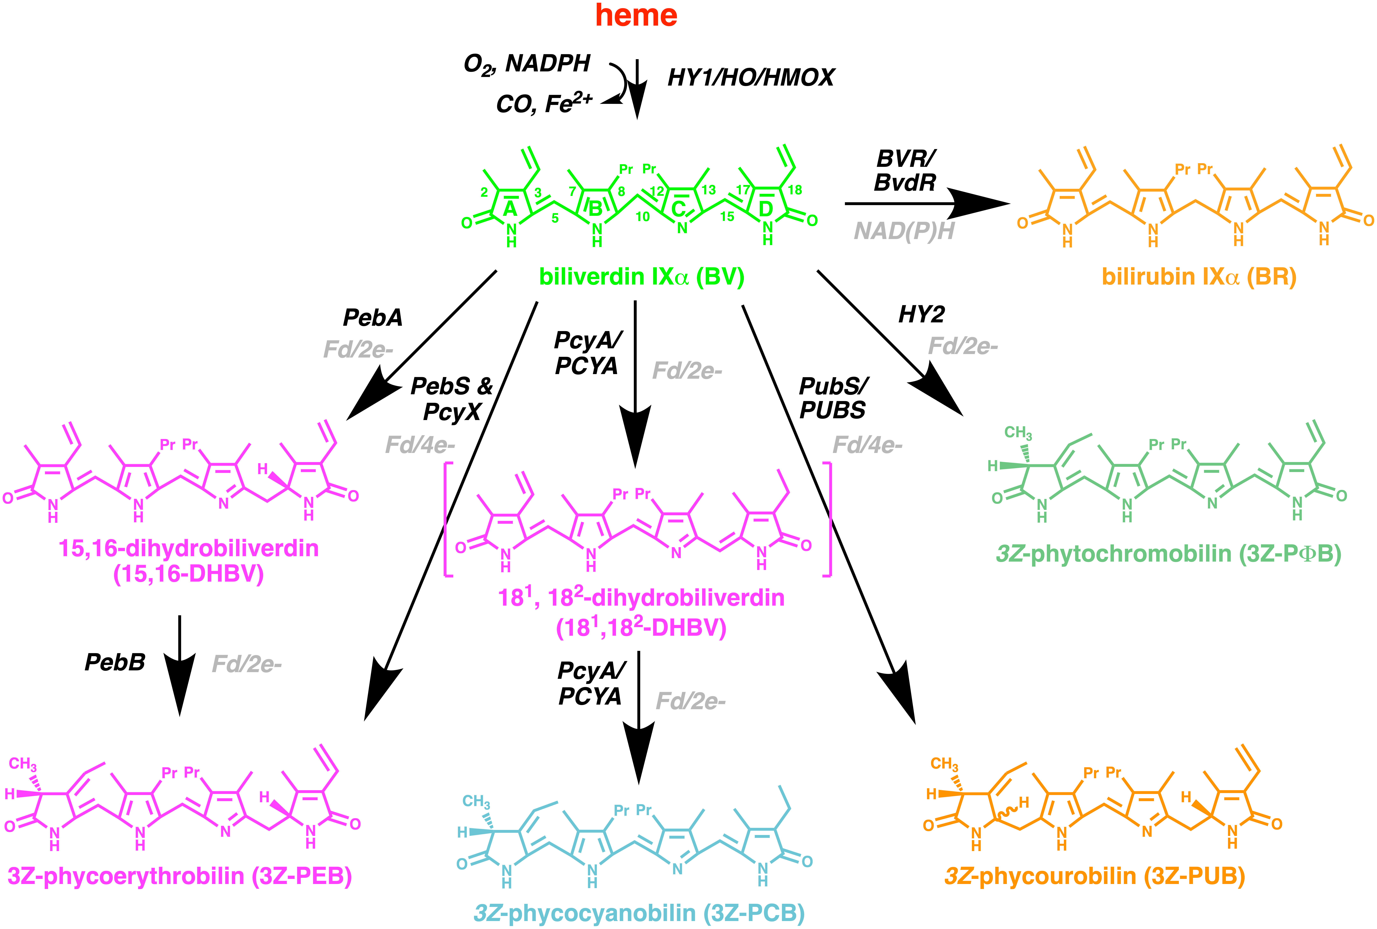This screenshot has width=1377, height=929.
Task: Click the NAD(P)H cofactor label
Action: coord(904,231)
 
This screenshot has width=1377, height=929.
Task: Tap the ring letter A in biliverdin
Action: coord(510,209)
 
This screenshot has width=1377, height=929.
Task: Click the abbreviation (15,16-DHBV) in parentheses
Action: coord(188,574)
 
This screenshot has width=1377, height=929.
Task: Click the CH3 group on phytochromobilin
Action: coord(1018,433)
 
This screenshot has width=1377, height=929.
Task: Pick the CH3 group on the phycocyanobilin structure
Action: coord(476,802)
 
